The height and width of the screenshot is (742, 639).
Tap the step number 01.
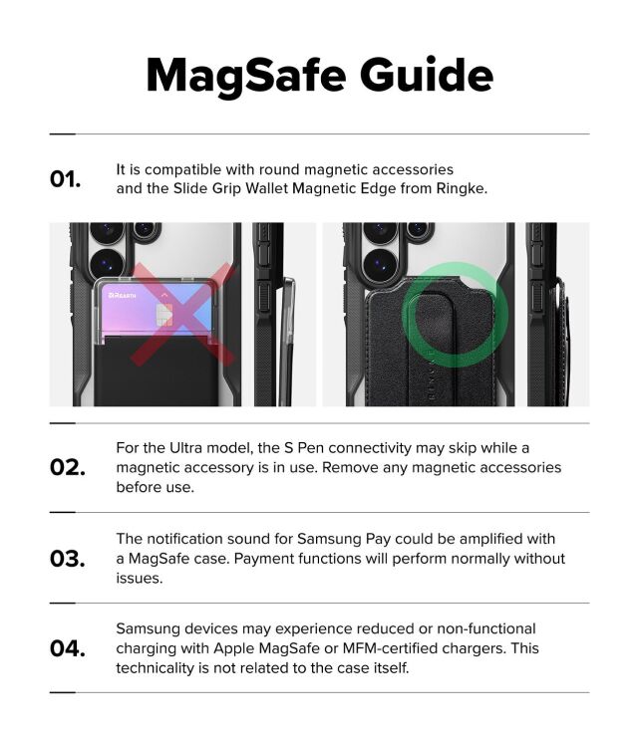pyautogui.click(x=66, y=179)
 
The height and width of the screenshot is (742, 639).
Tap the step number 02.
pyautogui.click(x=67, y=467)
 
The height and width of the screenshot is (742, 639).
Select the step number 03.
pyautogui.click(x=67, y=558)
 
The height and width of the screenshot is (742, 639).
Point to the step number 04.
pyautogui.click(x=67, y=648)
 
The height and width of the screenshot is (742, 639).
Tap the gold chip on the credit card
pyautogui.click(x=164, y=316)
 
